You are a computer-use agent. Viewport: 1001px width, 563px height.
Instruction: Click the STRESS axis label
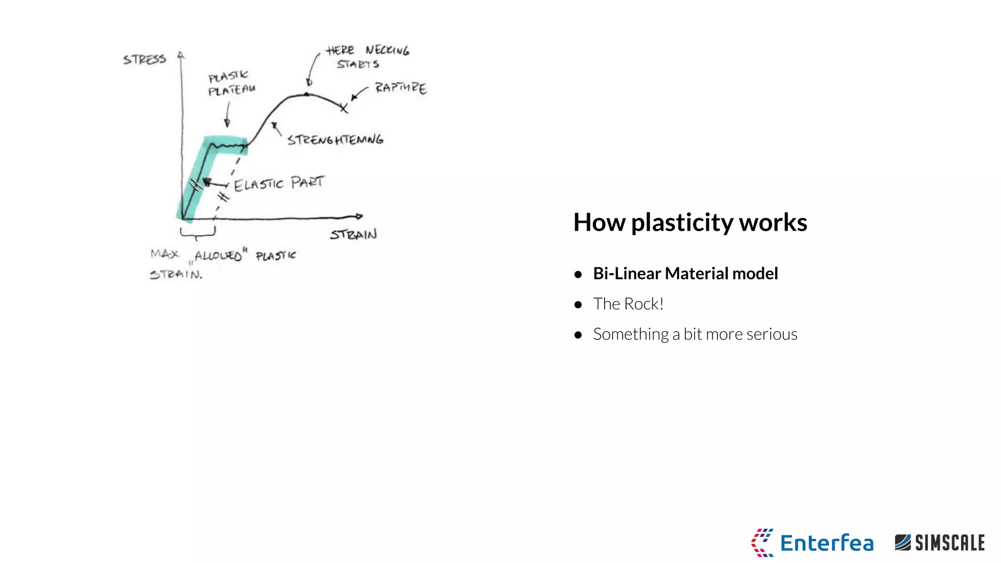point(144,60)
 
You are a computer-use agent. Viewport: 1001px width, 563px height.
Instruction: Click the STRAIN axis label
point(353,235)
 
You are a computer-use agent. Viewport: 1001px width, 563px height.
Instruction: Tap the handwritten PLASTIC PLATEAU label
point(231,84)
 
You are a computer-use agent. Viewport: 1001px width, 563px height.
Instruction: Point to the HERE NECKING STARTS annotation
point(368,57)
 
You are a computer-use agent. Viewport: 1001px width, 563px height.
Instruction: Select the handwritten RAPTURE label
point(401,88)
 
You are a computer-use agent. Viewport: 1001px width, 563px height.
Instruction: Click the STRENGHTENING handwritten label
point(335,140)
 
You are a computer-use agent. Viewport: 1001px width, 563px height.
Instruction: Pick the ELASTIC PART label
point(279,183)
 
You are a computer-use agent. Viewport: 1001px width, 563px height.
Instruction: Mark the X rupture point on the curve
point(344,108)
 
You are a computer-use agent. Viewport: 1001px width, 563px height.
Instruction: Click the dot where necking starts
point(307,94)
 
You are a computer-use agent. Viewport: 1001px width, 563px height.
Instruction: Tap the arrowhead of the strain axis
point(359,216)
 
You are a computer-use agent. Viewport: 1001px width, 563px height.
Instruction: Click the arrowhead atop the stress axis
point(181,55)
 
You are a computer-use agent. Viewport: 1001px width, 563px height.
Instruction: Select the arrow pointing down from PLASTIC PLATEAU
point(227,116)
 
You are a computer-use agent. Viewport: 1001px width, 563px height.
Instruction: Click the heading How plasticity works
point(690,222)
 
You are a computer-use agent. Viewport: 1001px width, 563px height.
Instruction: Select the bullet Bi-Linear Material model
point(685,274)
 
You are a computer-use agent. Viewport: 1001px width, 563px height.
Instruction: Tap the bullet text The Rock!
point(628,304)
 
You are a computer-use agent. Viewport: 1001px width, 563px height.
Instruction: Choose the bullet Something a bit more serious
point(695,334)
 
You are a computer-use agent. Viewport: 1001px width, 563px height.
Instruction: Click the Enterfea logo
point(812,542)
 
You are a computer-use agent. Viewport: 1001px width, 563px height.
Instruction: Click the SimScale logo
point(939,542)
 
